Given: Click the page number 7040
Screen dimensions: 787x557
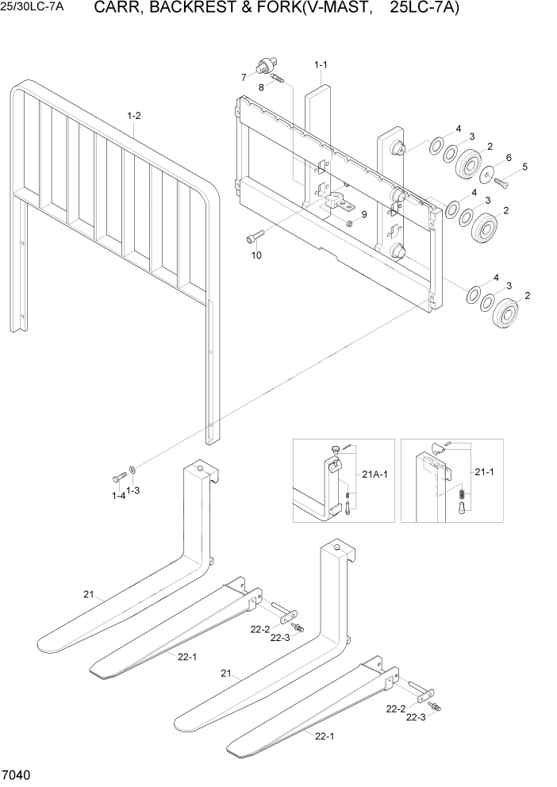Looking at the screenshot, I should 17,774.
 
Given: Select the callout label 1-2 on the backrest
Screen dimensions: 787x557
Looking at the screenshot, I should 134,116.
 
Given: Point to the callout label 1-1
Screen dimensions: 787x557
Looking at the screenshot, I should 321,64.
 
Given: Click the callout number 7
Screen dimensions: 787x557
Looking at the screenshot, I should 244,77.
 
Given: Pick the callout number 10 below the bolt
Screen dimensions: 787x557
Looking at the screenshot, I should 255,255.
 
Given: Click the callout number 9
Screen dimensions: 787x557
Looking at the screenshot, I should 364,214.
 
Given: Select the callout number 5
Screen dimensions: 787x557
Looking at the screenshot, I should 524,167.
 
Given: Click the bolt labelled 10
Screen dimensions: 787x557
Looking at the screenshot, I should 253,236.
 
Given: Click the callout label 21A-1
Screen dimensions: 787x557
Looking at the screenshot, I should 374,474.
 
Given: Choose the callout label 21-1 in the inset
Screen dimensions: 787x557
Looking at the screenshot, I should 483,471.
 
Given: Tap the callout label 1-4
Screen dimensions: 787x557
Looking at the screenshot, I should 118,496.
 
